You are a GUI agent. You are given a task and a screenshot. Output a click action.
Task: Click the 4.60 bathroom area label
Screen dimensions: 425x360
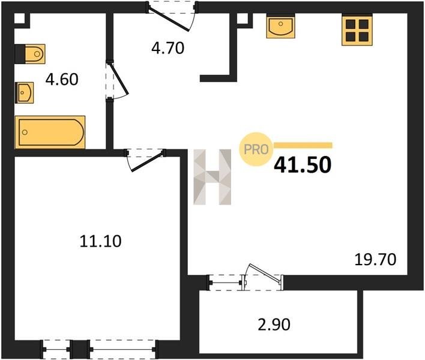[62, 79]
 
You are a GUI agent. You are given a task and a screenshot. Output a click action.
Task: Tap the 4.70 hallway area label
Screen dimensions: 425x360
[167, 48]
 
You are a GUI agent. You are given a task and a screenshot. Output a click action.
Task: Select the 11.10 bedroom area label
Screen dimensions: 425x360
[101, 241]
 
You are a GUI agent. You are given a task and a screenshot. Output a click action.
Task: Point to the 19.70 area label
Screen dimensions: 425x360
[375, 259]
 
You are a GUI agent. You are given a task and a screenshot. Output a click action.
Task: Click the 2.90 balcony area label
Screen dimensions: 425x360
[274, 324]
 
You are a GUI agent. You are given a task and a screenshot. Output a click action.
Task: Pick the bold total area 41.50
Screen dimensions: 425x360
[303, 165]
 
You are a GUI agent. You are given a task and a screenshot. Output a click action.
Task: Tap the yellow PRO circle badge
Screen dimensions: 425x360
[256, 149]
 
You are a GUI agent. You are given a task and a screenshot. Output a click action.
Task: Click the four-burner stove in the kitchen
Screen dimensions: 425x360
[357, 29]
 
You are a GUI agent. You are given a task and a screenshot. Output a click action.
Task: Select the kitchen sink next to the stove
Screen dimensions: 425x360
[280, 26]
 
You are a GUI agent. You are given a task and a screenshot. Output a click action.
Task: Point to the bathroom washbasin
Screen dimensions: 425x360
[25, 92]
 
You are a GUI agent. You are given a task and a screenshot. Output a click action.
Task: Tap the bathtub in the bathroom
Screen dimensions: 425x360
[50, 132]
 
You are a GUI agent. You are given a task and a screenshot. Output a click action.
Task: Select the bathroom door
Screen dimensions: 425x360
[119, 79]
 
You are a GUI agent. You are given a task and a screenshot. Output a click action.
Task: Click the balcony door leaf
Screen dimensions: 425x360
[264, 274]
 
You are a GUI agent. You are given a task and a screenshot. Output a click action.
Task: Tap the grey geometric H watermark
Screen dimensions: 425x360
[212, 177]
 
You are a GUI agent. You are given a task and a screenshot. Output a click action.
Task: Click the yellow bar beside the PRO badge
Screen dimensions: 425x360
[303, 145]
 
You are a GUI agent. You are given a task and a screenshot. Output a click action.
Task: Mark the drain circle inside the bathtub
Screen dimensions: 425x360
[25, 132]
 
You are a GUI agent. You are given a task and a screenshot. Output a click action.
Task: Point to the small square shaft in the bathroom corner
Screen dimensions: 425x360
[19, 18]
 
